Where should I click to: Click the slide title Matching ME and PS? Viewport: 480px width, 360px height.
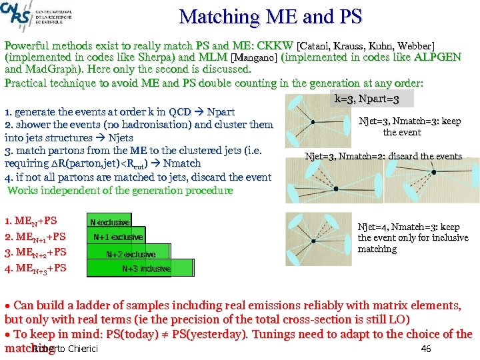point(270,17)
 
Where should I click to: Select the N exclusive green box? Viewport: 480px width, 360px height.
point(109,222)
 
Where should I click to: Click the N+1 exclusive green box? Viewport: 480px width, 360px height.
point(117,237)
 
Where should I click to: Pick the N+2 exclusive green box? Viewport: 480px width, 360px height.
point(131,254)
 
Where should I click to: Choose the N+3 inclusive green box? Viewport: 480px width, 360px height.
point(146,269)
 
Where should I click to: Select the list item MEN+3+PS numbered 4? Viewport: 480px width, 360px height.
point(37,269)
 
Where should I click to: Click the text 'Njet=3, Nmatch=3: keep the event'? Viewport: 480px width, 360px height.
point(409,127)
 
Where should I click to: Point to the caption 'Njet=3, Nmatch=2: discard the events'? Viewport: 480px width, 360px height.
point(383,157)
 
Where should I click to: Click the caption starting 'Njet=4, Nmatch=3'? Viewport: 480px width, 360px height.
point(413,238)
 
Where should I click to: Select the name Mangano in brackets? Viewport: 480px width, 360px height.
point(254,57)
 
